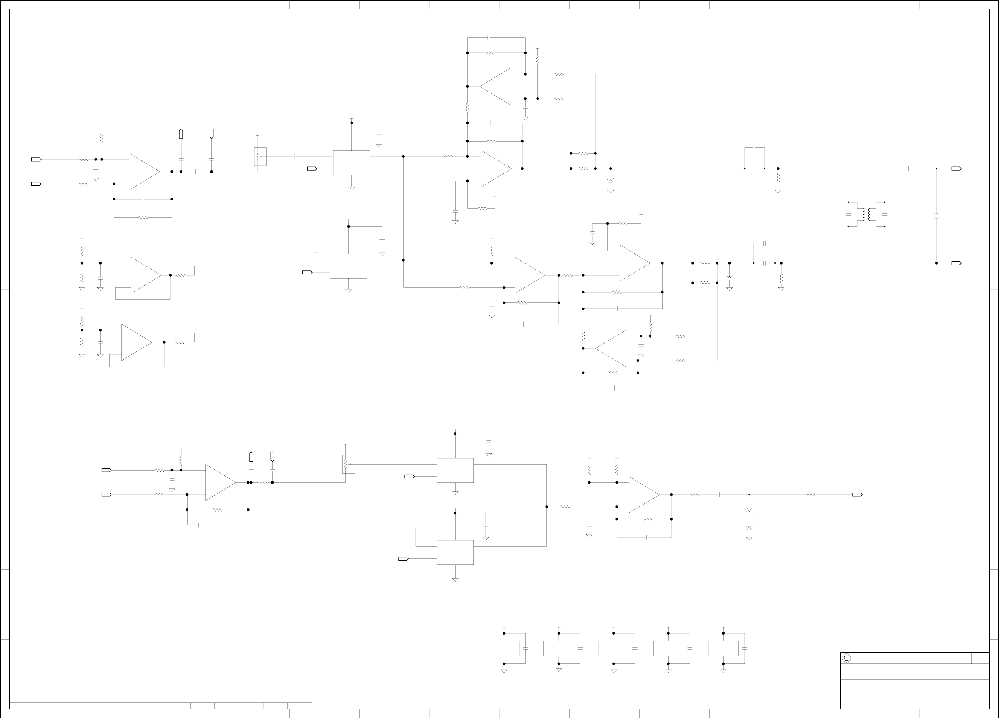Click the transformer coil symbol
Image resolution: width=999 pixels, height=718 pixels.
[867, 215]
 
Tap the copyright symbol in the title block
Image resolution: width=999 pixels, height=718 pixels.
[846, 658]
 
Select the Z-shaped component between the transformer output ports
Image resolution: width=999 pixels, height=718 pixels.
[937, 216]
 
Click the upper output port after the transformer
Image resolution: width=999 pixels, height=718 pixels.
[956, 169]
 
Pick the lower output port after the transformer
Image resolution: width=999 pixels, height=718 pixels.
[956, 263]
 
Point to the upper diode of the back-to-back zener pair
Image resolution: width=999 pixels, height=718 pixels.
[749, 510]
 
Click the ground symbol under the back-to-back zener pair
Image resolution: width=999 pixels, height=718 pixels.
[749, 538]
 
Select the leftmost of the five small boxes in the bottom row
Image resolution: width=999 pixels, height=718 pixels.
[504, 648]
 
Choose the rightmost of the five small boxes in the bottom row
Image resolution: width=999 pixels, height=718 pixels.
[723, 648]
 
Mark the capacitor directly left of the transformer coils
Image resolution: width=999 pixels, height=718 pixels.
[848, 215]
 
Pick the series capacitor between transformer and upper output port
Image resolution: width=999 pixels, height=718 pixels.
[908, 169]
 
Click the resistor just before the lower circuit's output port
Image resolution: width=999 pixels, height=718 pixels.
[811, 495]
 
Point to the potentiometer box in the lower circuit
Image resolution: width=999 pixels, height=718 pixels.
[348, 464]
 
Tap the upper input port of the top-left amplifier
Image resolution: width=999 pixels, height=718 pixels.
[36, 160]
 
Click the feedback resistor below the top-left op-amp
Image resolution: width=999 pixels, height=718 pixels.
[143, 217]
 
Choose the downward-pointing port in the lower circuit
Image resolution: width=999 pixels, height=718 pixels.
[272, 456]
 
